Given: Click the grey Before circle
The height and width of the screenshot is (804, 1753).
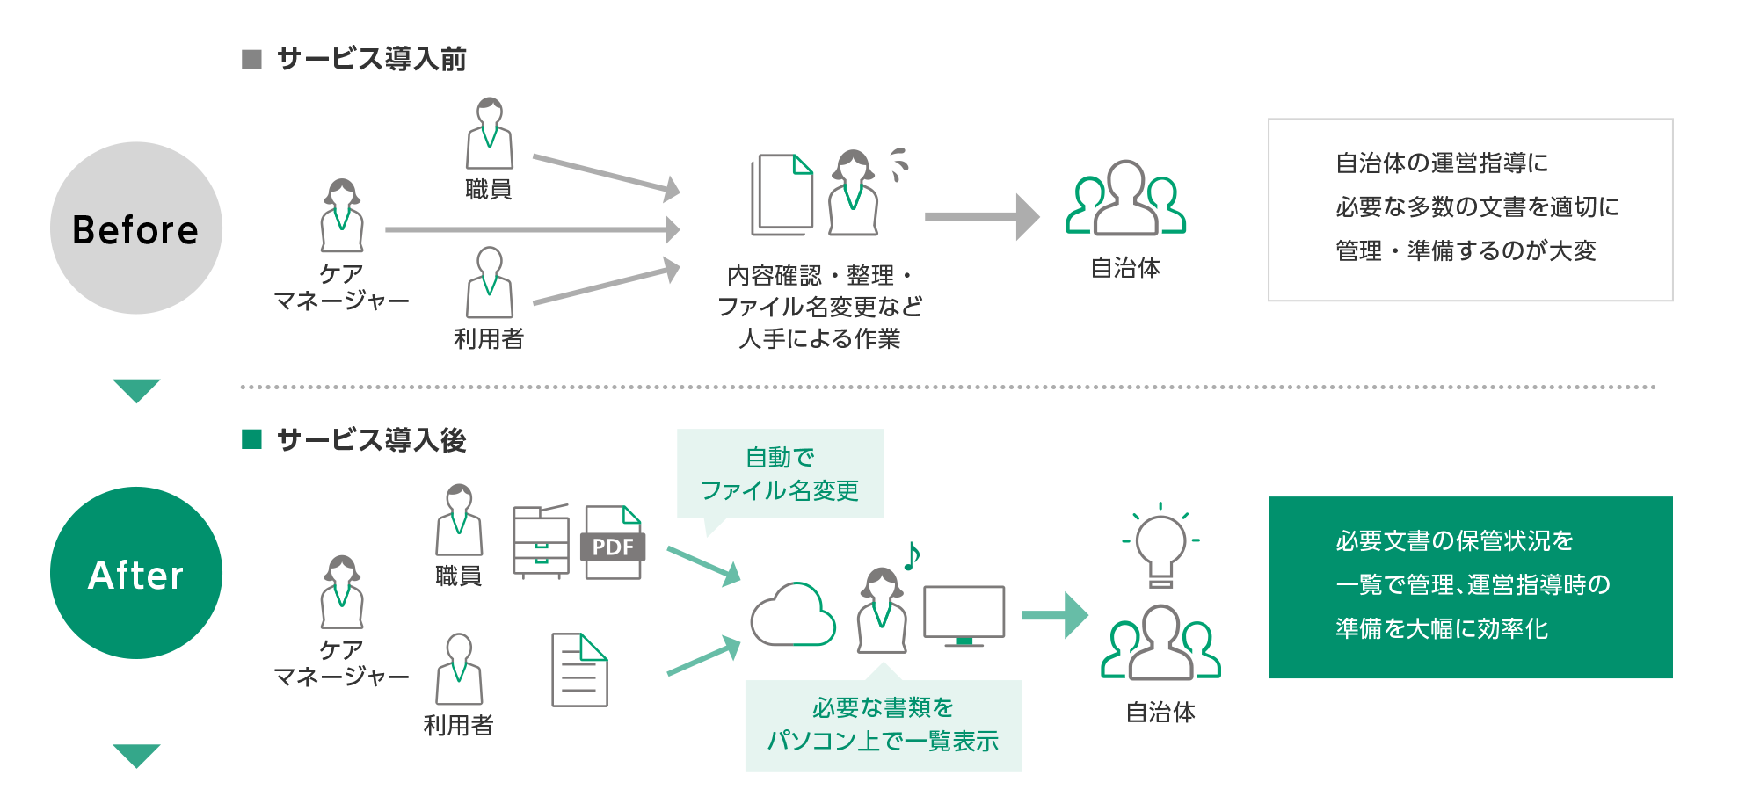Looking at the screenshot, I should pyautogui.click(x=136, y=228).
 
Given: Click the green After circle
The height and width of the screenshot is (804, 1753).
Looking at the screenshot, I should pyautogui.click(x=136, y=573).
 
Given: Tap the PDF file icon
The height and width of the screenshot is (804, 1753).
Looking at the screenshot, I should pyautogui.click(x=613, y=542).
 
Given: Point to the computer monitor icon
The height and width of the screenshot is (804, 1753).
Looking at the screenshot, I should pyautogui.click(x=964, y=614).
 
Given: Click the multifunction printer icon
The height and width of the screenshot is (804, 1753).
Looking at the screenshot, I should pyautogui.click(x=541, y=541).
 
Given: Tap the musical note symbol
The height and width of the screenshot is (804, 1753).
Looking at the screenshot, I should pyautogui.click(x=912, y=554).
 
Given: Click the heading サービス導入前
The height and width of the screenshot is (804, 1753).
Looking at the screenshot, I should pyautogui.click(x=371, y=59).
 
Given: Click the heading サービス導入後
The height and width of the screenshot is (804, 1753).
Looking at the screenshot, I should pyautogui.click(x=371, y=439).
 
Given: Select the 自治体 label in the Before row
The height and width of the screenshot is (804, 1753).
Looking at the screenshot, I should pyautogui.click(x=1125, y=268).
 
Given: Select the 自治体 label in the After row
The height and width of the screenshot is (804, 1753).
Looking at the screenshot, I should pyautogui.click(x=1160, y=712).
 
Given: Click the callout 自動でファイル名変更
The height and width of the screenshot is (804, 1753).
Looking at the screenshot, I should pyautogui.click(x=780, y=474).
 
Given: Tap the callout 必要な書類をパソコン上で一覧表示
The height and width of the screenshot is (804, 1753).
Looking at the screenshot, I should pyautogui.click(x=883, y=725).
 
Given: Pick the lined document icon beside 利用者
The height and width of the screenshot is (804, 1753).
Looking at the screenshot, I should pyautogui.click(x=579, y=670).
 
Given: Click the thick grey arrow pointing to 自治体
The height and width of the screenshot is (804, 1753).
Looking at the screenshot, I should pyautogui.click(x=980, y=217).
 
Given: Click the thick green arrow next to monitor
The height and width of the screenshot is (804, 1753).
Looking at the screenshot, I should pyautogui.click(x=1054, y=615).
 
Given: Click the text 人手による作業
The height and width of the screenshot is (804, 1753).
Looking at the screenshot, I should pyautogui.click(x=819, y=338).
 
